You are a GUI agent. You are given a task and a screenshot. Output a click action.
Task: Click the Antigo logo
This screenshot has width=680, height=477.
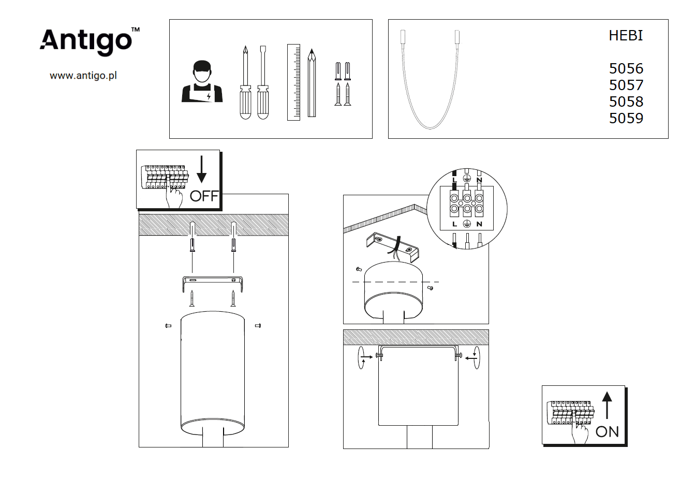point(90,41)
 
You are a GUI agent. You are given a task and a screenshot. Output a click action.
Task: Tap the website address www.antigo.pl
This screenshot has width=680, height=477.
point(83,75)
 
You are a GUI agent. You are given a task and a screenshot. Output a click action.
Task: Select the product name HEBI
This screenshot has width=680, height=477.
point(626,36)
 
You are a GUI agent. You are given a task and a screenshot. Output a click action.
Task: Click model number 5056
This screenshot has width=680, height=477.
point(626,69)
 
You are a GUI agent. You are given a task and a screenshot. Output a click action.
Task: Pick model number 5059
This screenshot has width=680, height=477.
point(626,118)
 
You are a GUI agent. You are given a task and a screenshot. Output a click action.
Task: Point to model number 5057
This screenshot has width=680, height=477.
point(626,85)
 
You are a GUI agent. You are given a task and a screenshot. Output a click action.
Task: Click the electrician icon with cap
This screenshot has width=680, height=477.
point(202,81)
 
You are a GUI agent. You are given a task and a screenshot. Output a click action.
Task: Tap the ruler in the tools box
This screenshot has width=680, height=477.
point(293,82)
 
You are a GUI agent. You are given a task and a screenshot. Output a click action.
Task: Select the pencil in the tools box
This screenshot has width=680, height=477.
point(312,83)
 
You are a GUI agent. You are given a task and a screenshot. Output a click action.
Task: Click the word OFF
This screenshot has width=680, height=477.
point(204,196)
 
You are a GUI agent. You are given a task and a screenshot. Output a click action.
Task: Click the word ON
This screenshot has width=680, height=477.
point(607,432)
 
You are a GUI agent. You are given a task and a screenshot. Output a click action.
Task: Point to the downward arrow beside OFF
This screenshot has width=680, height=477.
point(202,169)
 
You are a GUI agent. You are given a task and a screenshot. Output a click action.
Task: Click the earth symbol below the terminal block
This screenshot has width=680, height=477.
point(467,224)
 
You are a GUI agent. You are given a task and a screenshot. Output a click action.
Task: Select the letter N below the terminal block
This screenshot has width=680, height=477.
point(479,224)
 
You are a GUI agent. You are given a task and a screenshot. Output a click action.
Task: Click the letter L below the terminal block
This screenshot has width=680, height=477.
point(454,224)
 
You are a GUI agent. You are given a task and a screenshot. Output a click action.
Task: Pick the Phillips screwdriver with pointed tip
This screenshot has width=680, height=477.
point(246,82)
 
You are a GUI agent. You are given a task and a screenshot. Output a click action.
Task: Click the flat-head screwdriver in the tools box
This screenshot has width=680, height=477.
point(263,82)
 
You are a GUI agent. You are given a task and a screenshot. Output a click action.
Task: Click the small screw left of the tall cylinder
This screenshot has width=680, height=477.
point(168,326)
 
